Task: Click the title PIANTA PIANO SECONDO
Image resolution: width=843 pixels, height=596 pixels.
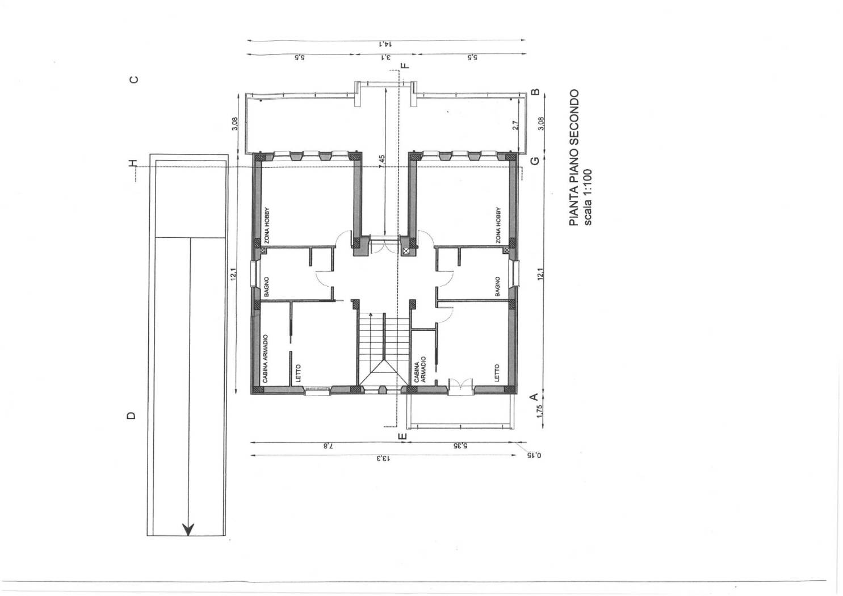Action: coord(574,158)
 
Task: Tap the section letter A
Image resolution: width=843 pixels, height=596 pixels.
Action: coord(534,397)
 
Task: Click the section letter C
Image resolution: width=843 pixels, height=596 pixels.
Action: coord(134,79)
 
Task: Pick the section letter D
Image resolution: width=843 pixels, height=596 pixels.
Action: coord(131,415)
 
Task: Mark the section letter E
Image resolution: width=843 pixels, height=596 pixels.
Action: coord(402,436)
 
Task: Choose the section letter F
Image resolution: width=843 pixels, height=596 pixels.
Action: coord(404,65)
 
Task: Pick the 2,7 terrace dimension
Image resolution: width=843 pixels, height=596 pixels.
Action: coord(515,125)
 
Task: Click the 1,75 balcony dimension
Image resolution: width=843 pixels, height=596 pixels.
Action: coord(540,410)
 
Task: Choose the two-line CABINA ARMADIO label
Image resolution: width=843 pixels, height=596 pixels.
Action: coord(420,372)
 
